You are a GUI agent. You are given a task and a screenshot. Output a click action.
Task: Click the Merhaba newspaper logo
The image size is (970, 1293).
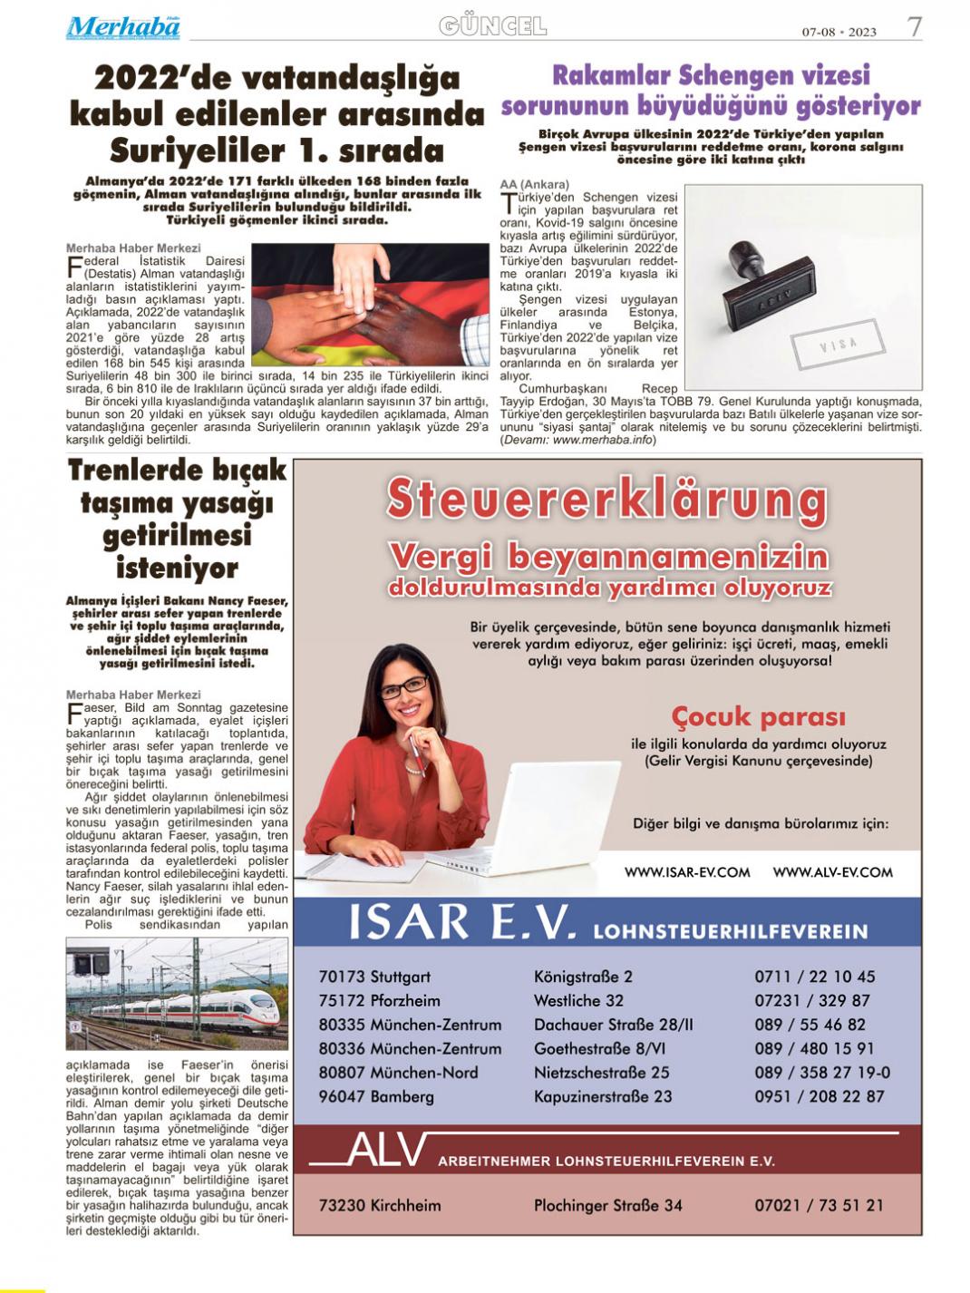click(x=123, y=28)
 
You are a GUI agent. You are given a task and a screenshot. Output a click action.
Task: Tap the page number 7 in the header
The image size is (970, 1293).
click(x=915, y=27)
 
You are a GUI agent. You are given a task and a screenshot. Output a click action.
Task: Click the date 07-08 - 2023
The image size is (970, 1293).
click(x=839, y=32)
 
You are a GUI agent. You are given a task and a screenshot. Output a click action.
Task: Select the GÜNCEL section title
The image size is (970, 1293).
click(x=493, y=26)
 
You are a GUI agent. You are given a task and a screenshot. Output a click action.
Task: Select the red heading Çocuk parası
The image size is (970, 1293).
click(x=758, y=716)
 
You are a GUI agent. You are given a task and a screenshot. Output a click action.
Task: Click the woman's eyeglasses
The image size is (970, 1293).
click(x=403, y=686)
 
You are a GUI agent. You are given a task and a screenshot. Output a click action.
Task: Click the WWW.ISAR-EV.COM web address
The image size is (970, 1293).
click(x=687, y=872)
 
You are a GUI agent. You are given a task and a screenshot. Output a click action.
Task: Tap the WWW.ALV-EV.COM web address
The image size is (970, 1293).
click(x=832, y=872)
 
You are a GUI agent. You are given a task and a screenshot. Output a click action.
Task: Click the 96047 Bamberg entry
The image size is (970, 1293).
click(x=376, y=1096)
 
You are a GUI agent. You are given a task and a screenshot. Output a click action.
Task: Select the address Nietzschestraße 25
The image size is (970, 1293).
click(x=601, y=1073)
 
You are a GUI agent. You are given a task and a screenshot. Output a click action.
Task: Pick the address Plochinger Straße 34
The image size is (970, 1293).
click(x=607, y=1205)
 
